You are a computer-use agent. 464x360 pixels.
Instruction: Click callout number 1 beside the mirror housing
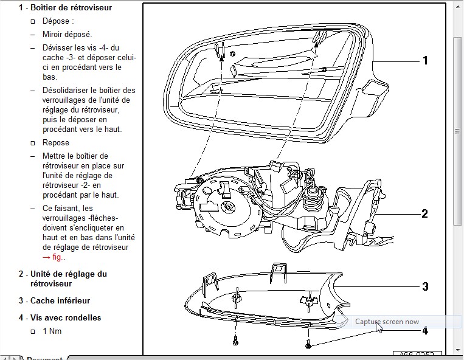pos(425,60)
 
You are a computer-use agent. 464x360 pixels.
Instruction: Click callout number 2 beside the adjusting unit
pos(425,213)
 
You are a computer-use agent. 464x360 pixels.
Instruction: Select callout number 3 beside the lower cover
pos(426,286)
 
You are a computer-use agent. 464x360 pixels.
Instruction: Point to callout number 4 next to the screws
pos(425,331)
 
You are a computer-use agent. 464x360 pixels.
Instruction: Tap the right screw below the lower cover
pos(309,345)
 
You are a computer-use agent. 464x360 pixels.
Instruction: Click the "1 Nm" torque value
pos(52,331)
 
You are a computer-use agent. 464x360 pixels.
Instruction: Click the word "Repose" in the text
pos(56,143)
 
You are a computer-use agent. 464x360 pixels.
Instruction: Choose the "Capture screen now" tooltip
pos(387,322)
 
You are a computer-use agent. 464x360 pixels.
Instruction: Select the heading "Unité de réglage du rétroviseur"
pos(68,279)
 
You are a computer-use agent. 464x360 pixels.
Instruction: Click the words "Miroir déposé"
pos(67,35)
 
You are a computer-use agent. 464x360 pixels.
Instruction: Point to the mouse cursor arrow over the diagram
pos(378,327)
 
